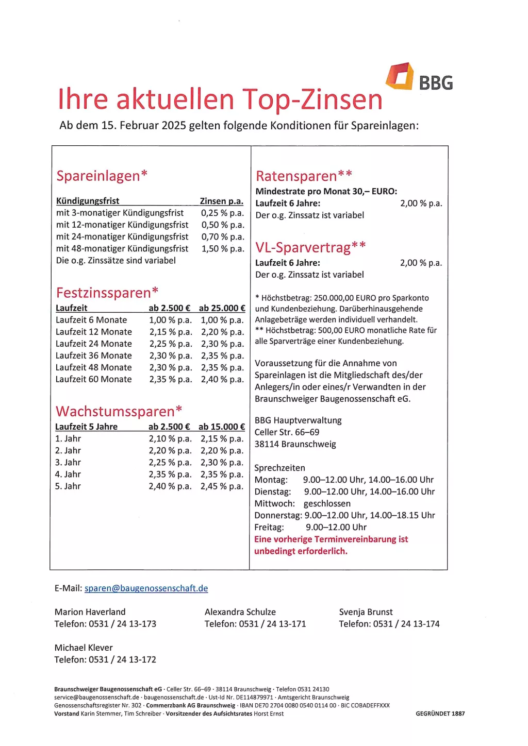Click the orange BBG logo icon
point(400,76)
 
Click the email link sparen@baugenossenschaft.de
point(146,588)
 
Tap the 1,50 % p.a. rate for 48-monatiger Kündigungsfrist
point(223,249)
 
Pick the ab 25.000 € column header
point(222,308)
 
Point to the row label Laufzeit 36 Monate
point(93,355)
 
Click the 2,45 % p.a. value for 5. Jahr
point(222,486)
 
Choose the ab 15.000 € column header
point(222,427)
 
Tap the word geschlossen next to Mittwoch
point(327,503)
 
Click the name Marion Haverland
point(90,612)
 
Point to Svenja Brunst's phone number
point(389,624)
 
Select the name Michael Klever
point(84,648)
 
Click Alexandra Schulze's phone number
point(255,624)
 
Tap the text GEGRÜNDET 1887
point(440,714)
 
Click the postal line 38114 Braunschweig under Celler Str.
point(295,444)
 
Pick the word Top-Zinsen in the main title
point(312,99)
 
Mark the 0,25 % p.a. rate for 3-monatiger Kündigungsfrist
point(223,213)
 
